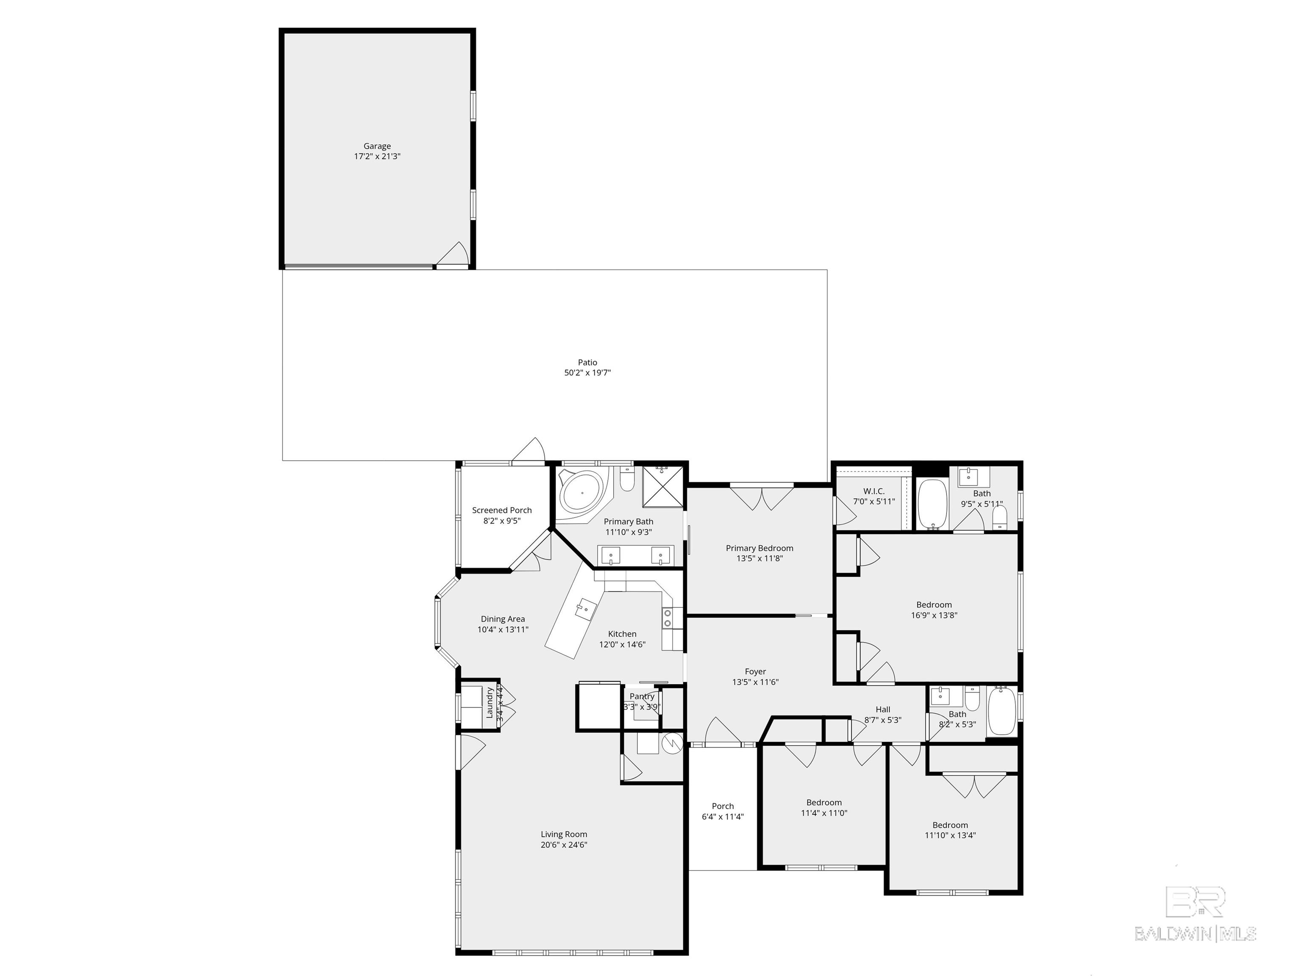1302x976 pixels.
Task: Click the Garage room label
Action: coord(377,146)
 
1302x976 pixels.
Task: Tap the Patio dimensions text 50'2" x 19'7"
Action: coord(587,372)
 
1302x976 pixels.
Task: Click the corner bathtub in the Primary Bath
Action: coord(581,493)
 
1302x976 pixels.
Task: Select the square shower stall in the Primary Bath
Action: coord(663,487)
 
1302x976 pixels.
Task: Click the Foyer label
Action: coord(755,671)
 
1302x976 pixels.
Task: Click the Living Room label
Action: coord(563,834)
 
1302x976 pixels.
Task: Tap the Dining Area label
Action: coord(502,619)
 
